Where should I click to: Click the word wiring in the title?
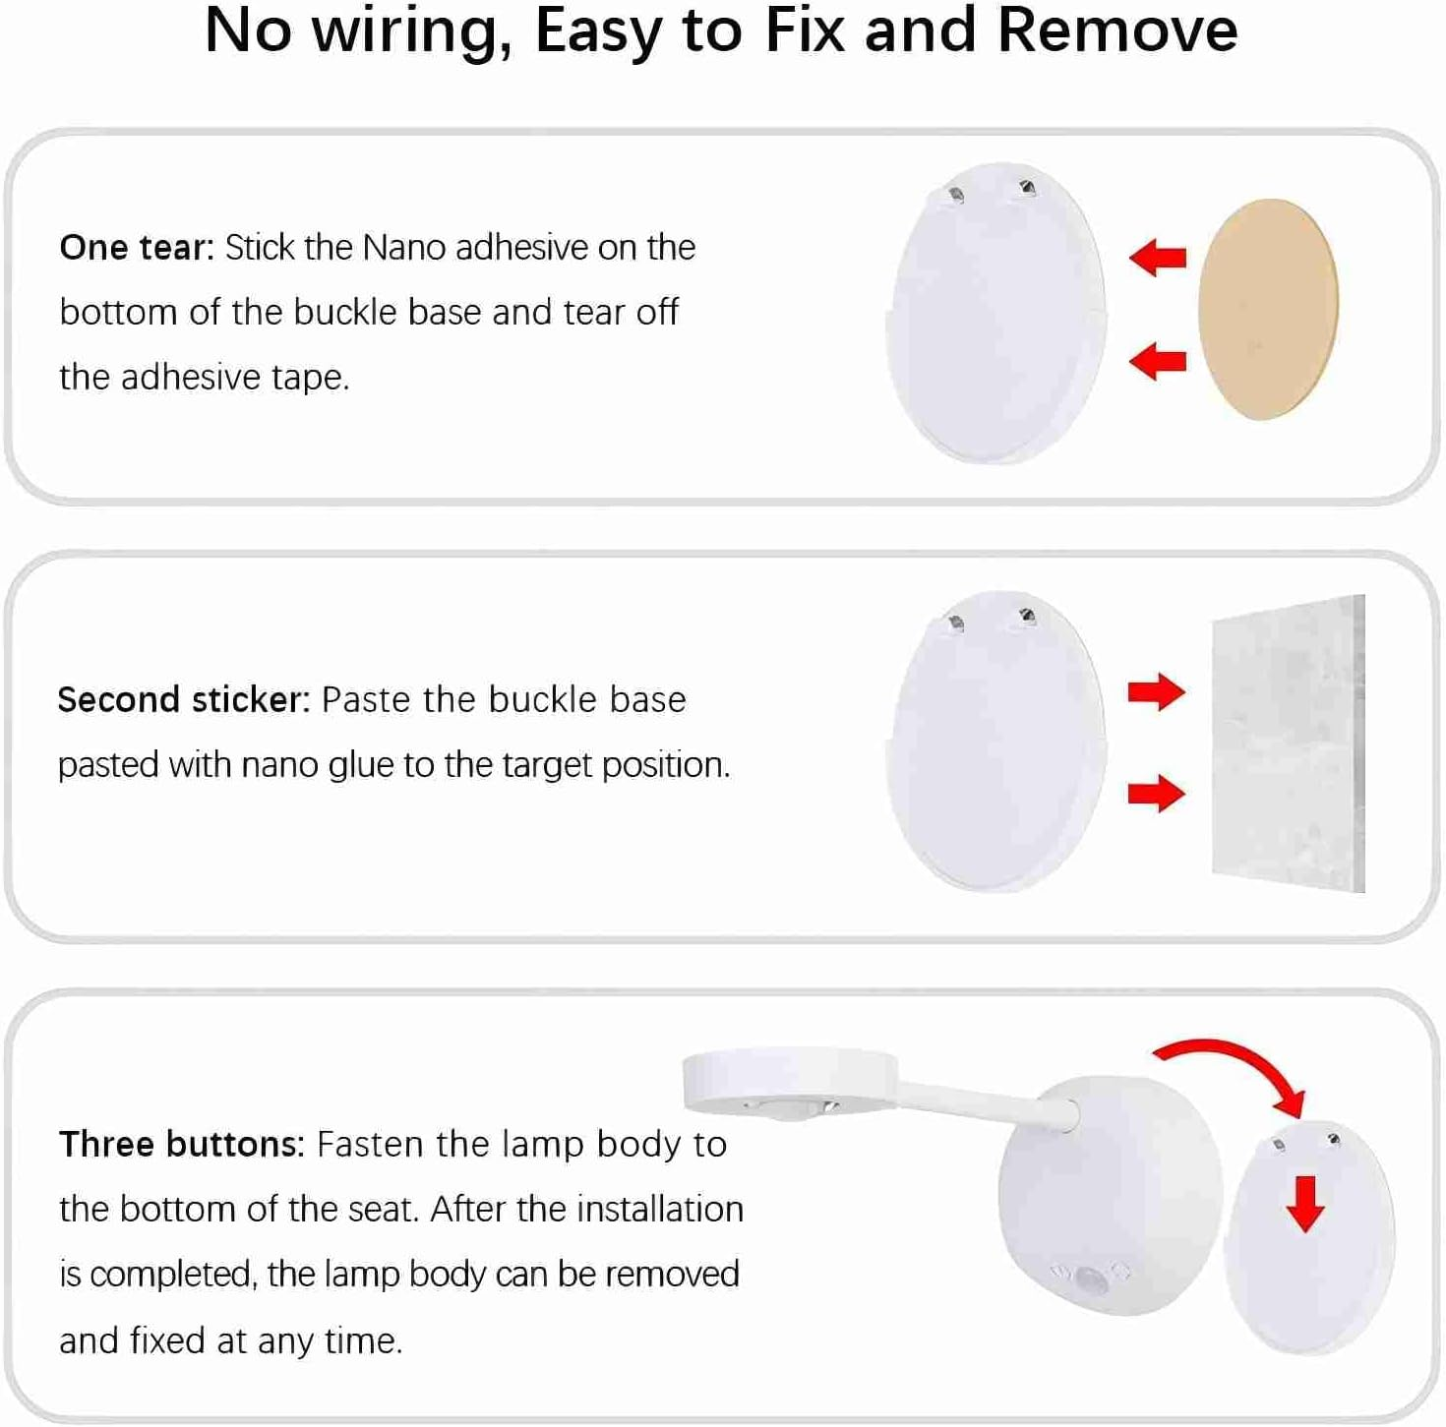pyautogui.click(x=406, y=31)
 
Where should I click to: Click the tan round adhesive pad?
pyautogui.click(x=1268, y=310)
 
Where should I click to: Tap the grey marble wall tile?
pyautogui.click(x=1288, y=744)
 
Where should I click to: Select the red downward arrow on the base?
pyautogui.click(x=1305, y=1203)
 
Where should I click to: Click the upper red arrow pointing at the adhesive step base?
pyautogui.click(x=1158, y=258)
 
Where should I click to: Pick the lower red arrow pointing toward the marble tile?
pyautogui.click(x=1157, y=793)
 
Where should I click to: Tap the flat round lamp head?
pyautogui.click(x=790, y=1079)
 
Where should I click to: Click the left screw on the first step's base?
pyautogui.click(x=954, y=194)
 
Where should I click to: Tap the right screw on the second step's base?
pyautogui.click(x=1027, y=617)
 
